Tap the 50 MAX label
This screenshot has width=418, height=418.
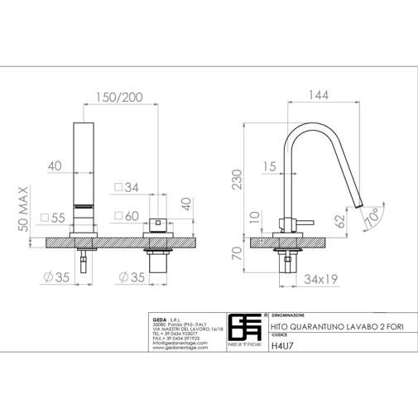pos(24,219)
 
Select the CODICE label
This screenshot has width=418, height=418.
pos(280,338)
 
